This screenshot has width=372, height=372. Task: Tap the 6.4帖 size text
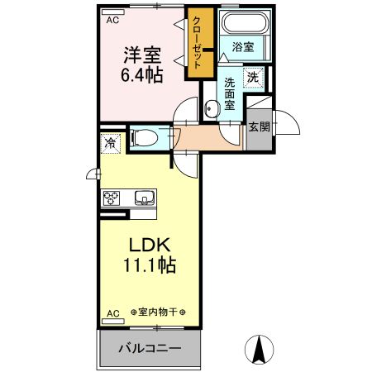pyautogui.click(x=143, y=75)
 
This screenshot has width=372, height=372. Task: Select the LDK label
pyautogui.click(x=150, y=246)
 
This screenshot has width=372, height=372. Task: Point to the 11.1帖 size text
pyautogui.click(x=150, y=267)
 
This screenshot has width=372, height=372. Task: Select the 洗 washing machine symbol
pyautogui.click(x=255, y=79)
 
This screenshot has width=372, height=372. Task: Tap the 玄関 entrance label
pyautogui.click(x=258, y=126)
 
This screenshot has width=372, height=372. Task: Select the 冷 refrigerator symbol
pyautogui.click(x=110, y=144)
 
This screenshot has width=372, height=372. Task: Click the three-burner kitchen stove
pyautogui.click(x=112, y=198)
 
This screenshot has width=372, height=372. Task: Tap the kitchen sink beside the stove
pyautogui.click(x=143, y=198)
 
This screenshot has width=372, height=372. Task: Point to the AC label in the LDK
pyautogui.click(x=112, y=313)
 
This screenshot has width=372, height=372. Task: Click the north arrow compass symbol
pyautogui.click(x=260, y=351)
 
